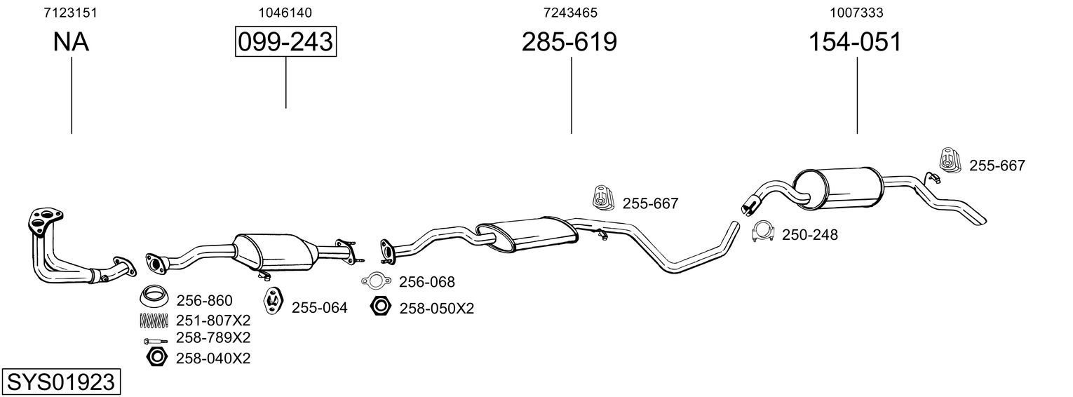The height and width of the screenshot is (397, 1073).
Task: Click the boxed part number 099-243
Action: click(285, 41)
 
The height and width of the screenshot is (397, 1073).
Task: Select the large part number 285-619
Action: click(569, 41)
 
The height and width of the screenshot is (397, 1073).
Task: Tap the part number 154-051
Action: click(855, 41)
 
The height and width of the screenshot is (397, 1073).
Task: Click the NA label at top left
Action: click(71, 41)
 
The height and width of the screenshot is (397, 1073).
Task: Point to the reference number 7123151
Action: click(70, 13)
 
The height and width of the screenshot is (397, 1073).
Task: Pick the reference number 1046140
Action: click(285, 13)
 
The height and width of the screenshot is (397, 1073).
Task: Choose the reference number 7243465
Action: click(570, 13)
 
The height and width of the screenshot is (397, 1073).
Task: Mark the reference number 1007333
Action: click(856, 13)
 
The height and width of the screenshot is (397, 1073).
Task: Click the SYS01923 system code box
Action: click(61, 382)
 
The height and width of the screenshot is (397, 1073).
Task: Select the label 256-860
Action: click(205, 301)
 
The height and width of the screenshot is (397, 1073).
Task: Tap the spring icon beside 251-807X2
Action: click(154, 321)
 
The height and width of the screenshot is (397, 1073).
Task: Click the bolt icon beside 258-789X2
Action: click(156, 342)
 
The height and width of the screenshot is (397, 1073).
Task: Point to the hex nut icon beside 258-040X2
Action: click(156, 357)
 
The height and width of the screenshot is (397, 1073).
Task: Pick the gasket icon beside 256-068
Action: click(377, 281)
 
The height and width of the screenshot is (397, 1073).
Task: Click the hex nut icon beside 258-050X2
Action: click(381, 306)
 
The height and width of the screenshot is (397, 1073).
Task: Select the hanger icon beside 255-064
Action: click(274, 300)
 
